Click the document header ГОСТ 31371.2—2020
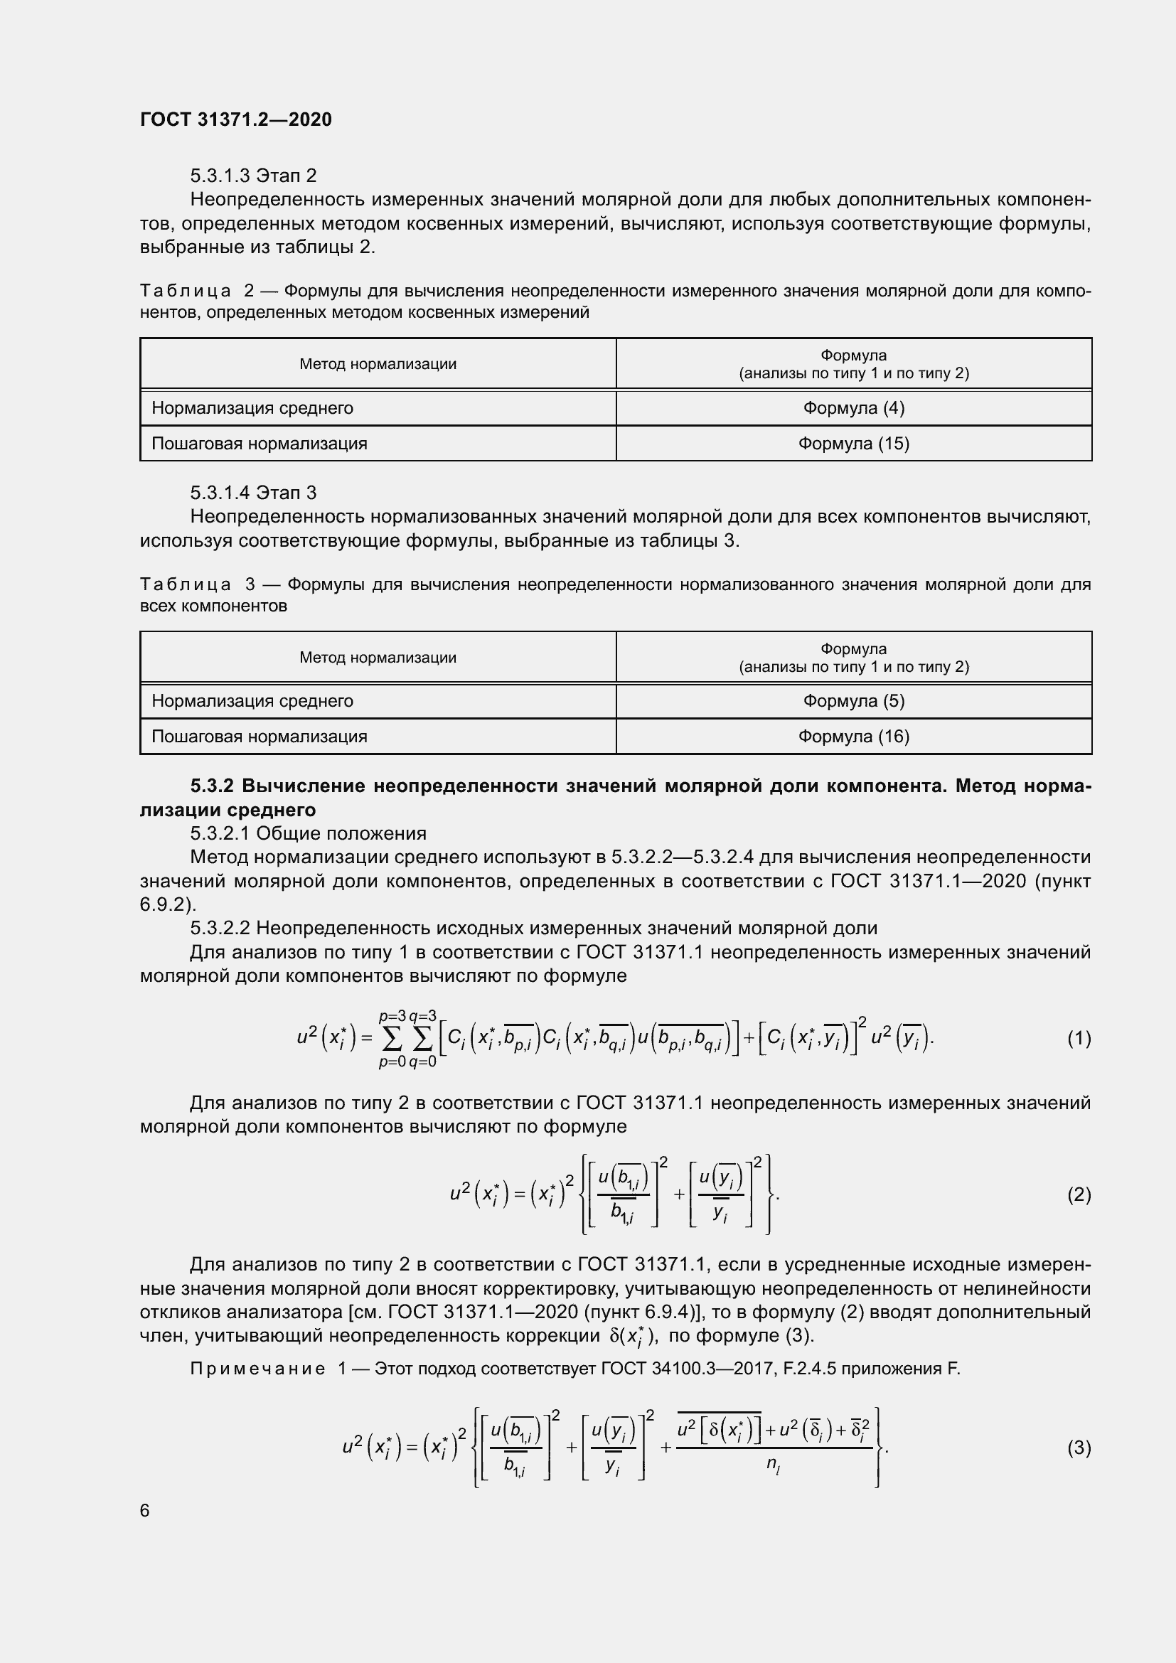(235, 119)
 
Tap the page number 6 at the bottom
(145, 1510)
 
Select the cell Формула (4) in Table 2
(853, 408)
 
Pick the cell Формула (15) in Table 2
(853, 443)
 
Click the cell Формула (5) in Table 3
(853, 700)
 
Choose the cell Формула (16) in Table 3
(853, 736)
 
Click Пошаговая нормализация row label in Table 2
(260, 443)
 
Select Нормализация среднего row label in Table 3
(252, 700)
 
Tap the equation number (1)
(1079, 1039)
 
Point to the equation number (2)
(1079, 1194)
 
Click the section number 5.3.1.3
(220, 176)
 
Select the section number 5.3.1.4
(220, 493)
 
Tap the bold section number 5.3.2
(212, 786)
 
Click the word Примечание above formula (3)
(257, 1369)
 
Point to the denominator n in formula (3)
(773, 1464)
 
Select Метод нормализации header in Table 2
(378, 363)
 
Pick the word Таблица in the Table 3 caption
(186, 584)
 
